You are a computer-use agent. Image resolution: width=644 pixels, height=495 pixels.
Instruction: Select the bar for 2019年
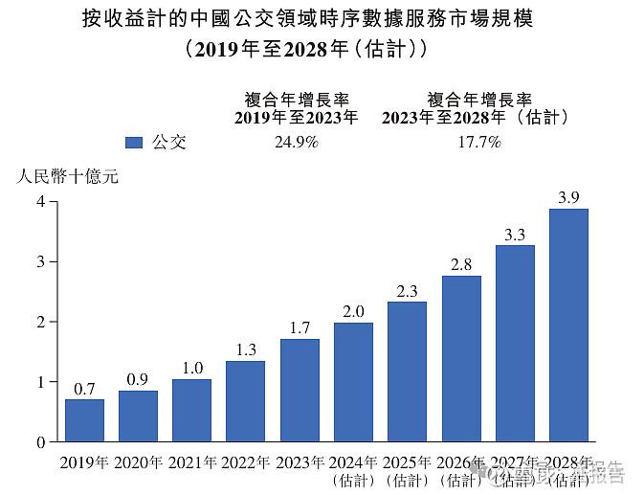click(x=84, y=420)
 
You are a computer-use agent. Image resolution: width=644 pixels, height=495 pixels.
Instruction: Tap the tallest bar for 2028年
click(x=568, y=326)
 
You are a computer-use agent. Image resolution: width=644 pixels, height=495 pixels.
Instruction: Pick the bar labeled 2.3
click(x=407, y=371)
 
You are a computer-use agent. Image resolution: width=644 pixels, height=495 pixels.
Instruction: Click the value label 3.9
click(x=568, y=198)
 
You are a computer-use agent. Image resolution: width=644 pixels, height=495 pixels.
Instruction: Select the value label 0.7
click(x=84, y=389)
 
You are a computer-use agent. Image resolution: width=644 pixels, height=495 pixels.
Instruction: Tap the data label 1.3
click(x=245, y=349)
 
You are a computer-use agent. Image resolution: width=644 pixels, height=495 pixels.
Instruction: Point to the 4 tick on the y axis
click(x=40, y=201)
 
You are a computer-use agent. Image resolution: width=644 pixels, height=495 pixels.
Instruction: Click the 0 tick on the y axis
click(x=40, y=442)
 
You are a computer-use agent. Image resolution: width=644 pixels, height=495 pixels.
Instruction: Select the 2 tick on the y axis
click(x=40, y=322)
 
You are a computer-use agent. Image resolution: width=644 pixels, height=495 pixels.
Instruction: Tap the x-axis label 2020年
click(x=138, y=463)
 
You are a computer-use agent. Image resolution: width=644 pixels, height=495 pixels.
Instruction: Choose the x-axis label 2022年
click(x=245, y=463)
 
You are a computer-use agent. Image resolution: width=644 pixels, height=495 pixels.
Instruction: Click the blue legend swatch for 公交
click(x=134, y=143)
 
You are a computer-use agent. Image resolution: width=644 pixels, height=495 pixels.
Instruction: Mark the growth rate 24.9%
click(x=296, y=143)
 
